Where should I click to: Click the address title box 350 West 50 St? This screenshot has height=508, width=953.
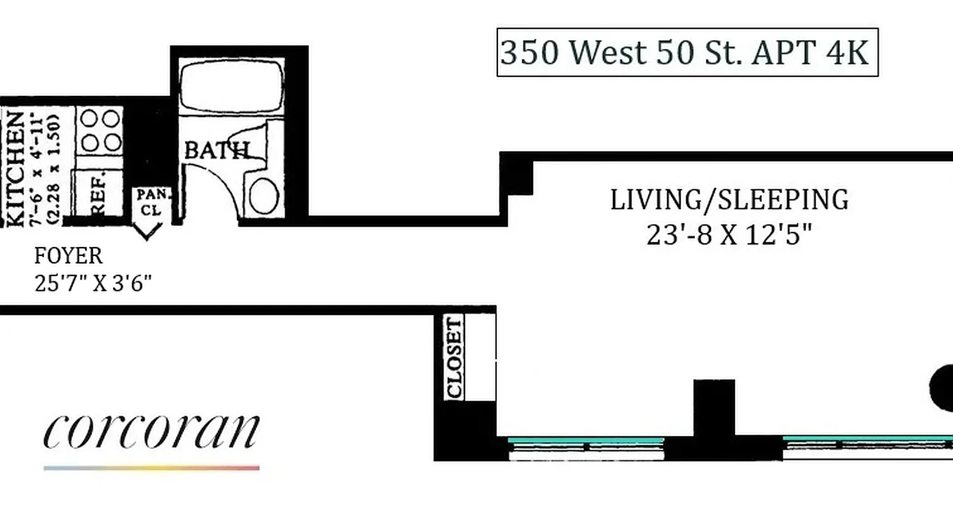point(687,52)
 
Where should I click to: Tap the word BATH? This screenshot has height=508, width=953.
point(215,150)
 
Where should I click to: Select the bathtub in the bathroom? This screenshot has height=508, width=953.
point(231,86)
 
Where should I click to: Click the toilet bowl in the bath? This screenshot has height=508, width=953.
point(264,196)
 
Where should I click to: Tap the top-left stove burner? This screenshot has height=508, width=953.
point(90,119)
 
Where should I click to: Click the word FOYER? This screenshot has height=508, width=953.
point(68,256)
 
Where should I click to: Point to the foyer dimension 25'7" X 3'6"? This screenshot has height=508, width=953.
point(93,283)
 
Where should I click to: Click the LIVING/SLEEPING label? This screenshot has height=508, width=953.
point(729,200)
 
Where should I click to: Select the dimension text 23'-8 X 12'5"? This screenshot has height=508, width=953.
point(729,236)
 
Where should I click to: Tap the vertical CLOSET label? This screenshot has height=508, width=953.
point(455,358)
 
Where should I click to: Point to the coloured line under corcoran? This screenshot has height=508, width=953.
point(151,468)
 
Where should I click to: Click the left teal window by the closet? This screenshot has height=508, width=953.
point(586,440)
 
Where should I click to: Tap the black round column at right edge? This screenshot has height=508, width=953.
point(942,388)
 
